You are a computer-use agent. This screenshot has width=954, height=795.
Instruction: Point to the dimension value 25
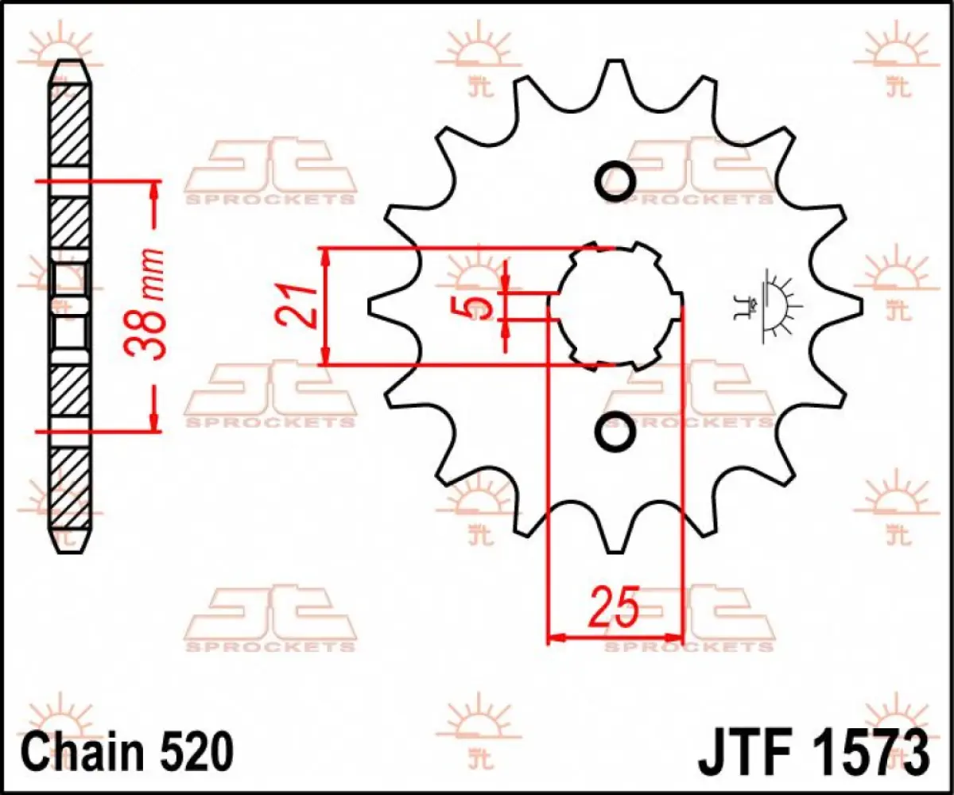point(614,608)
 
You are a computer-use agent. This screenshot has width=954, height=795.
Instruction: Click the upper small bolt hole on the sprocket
point(615,180)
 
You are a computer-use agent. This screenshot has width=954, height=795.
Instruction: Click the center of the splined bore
point(616,306)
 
